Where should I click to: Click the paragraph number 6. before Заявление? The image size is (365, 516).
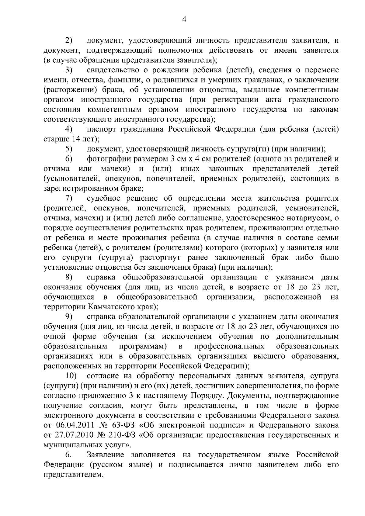pos(68,455)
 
